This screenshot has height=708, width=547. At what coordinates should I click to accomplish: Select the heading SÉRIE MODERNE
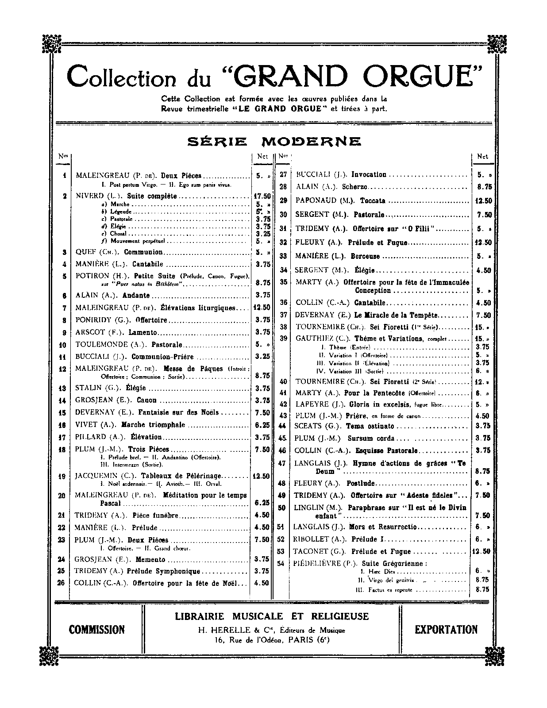pyautogui.click(x=274, y=141)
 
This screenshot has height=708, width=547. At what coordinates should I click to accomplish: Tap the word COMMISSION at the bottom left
pyautogui.click(x=97, y=629)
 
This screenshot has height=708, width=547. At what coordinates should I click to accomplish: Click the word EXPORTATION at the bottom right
pyautogui.click(x=446, y=629)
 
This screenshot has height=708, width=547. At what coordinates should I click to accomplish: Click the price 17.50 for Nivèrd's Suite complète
pyautogui.click(x=262, y=196)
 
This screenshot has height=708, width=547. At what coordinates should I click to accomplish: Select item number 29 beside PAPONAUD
pyautogui.click(x=283, y=200)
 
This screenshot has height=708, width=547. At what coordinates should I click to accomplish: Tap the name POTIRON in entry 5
pyautogui.click(x=92, y=276)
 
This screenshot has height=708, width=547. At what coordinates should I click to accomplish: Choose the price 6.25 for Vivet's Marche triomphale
pyautogui.click(x=262, y=425)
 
